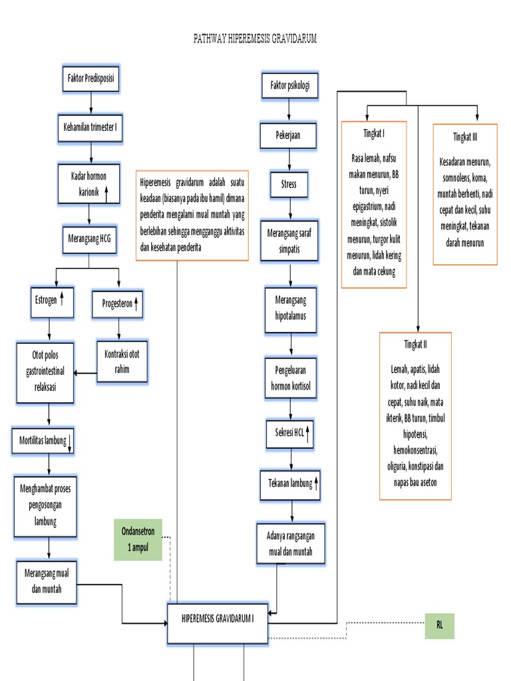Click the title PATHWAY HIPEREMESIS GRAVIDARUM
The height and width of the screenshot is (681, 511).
click(x=255, y=39)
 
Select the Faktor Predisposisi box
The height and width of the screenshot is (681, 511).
click(x=90, y=78)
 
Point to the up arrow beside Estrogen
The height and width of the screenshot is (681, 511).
click(x=62, y=299)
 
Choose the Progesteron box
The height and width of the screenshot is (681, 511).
click(x=118, y=304)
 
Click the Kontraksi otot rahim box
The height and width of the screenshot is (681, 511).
click(x=122, y=362)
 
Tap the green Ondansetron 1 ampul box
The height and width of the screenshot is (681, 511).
click(x=138, y=539)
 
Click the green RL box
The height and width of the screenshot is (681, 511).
click(x=439, y=625)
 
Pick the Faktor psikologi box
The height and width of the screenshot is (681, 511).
click(x=289, y=85)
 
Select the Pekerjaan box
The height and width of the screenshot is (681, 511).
click(x=288, y=135)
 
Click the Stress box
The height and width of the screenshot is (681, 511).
click(x=289, y=184)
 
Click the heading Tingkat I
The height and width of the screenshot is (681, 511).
click(x=374, y=134)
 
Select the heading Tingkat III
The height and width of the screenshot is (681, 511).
click(x=465, y=136)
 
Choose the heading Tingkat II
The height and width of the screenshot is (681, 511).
click(x=415, y=344)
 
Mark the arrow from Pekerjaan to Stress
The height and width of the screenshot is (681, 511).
click(x=289, y=160)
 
